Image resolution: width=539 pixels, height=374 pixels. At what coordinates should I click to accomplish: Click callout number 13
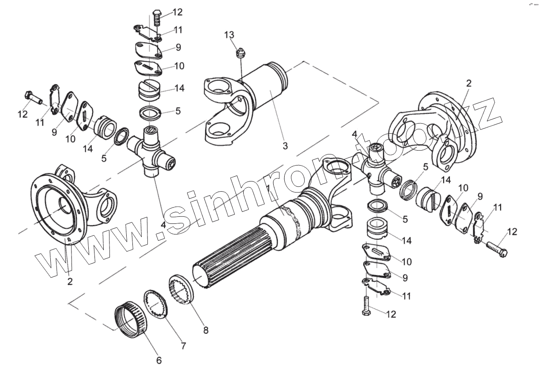[x=229, y=35]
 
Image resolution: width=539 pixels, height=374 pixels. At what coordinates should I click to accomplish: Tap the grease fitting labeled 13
[x=241, y=53]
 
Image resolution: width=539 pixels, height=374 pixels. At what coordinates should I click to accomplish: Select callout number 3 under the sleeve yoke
[x=285, y=145]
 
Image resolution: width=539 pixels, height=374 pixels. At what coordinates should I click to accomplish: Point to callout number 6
[x=159, y=360]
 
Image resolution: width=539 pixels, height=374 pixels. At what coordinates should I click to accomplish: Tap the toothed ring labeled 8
[x=181, y=289]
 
